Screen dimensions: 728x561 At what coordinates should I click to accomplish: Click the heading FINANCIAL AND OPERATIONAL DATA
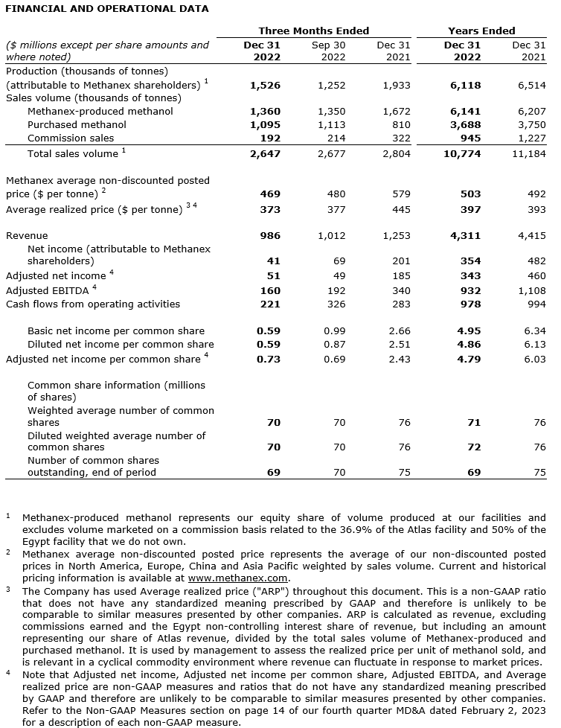108,9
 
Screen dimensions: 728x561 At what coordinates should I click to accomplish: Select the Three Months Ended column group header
313,31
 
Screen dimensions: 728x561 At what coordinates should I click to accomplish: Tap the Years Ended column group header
481,31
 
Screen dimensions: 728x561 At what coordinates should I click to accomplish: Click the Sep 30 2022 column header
328,51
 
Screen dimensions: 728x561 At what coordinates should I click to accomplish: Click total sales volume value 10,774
463,153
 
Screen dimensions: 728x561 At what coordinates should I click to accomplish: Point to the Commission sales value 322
401,138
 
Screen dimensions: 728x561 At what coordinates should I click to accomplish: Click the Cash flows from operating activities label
93,304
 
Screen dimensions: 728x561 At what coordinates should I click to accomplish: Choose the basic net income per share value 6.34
534,331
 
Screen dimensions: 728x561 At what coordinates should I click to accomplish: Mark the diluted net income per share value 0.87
336,344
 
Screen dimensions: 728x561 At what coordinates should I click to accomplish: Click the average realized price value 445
401,209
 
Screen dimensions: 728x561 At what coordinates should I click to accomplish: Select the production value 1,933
396,86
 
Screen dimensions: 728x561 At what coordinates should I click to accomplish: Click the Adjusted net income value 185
401,276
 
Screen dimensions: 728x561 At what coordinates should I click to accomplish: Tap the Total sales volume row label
72,153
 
